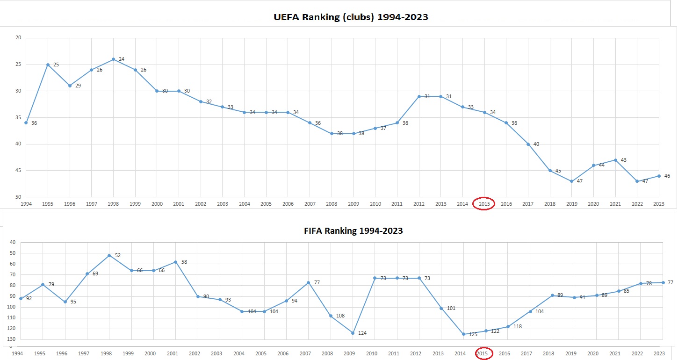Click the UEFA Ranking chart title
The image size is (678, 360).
point(351,17)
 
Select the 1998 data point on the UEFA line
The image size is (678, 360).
point(113,59)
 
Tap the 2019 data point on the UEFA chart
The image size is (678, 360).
point(571,181)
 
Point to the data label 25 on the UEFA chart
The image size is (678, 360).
point(56,65)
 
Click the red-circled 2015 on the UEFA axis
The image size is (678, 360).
point(483,204)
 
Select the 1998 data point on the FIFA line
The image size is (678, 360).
point(109,255)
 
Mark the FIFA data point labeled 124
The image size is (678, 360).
point(353,333)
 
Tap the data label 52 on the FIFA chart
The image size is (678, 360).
point(118,255)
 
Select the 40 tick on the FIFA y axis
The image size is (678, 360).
point(12,243)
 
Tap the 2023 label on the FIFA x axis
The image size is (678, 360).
point(659,353)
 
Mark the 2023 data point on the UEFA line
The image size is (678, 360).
point(659,176)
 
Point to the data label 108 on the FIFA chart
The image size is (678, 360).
point(340,316)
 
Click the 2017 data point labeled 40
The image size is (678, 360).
point(528,144)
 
